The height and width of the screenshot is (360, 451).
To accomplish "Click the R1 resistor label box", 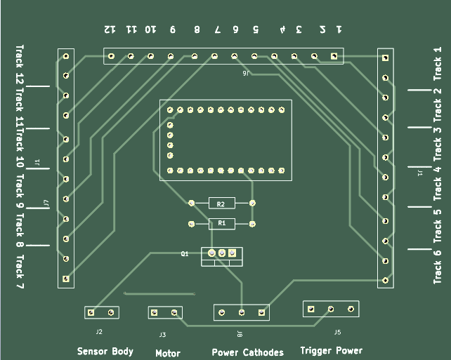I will pos(222,224).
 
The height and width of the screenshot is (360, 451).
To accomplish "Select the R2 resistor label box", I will pos(221,204).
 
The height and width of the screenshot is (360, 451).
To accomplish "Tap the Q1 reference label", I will pos(185,254).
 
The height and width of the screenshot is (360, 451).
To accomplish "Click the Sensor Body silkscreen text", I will pos(105,351).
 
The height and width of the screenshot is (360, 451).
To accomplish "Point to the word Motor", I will pos(168,354).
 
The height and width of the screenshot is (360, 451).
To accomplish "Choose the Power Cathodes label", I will pos(247,352).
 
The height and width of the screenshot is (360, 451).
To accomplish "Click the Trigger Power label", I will pos(331,350).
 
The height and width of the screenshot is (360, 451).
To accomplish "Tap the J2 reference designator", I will pos(99,331).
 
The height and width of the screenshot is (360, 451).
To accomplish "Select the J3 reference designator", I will pos(162,335).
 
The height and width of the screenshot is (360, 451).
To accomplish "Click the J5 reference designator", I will pos(337,332).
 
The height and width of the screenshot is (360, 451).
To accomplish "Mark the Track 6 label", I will pos(437,262).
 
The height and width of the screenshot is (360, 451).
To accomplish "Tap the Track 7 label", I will pos(19,272).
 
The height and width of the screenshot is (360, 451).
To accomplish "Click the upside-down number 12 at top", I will pos(109,29).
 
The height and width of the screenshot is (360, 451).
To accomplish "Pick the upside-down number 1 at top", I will pos(339,29).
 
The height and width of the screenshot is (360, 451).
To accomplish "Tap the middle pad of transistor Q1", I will pos(222,253).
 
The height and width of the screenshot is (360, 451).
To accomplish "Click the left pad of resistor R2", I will pos(191,203).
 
